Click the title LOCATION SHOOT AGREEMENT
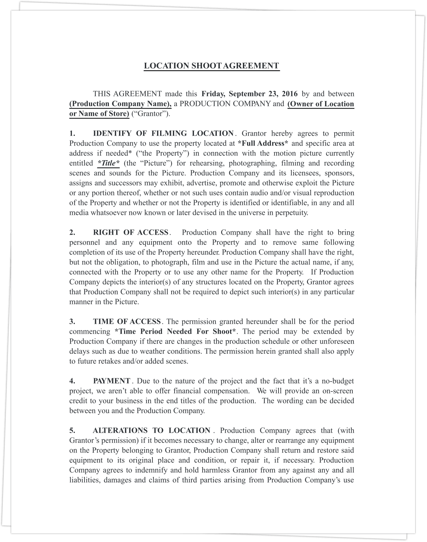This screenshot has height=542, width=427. (x=212, y=66)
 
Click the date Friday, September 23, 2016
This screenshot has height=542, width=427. (x=249, y=94)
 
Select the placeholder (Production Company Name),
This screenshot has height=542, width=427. (x=120, y=104)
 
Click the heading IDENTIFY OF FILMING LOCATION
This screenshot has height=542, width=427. (x=163, y=133)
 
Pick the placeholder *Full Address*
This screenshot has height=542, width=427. (x=263, y=143)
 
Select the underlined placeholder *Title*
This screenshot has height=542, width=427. (x=109, y=163)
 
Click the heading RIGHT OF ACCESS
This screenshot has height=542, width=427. (x=131, y=232)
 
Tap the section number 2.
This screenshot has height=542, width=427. (x=72, y=232)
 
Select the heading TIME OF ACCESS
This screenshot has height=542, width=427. (x=127, y=322)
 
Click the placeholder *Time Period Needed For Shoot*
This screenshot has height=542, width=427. (x=176, y=331)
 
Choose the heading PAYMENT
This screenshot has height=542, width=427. (x=112, y=381)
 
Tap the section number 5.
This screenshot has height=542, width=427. (x=72, y=430)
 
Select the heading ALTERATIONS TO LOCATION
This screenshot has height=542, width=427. (x=151, y=430)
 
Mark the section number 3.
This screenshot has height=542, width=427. (x=72, y=322)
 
